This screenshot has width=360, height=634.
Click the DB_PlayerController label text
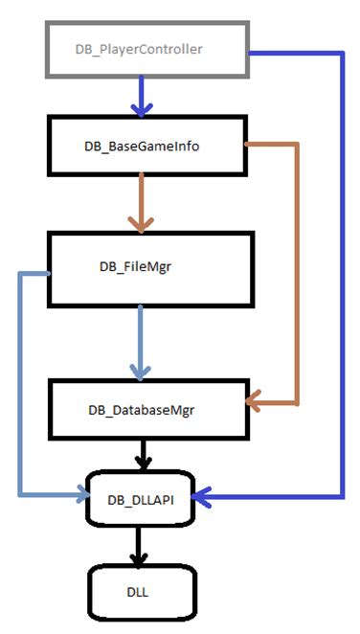139,49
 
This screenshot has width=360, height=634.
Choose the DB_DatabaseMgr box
147,409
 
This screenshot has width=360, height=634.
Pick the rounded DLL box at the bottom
144,593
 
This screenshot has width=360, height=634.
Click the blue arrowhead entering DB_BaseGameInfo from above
142,107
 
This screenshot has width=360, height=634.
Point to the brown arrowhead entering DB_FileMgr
142,224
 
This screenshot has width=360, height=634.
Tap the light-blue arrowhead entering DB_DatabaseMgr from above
142,369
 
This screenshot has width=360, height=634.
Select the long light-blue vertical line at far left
19,383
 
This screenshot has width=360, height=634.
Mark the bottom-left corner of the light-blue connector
19,496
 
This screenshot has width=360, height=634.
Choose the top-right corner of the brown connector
297,145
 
